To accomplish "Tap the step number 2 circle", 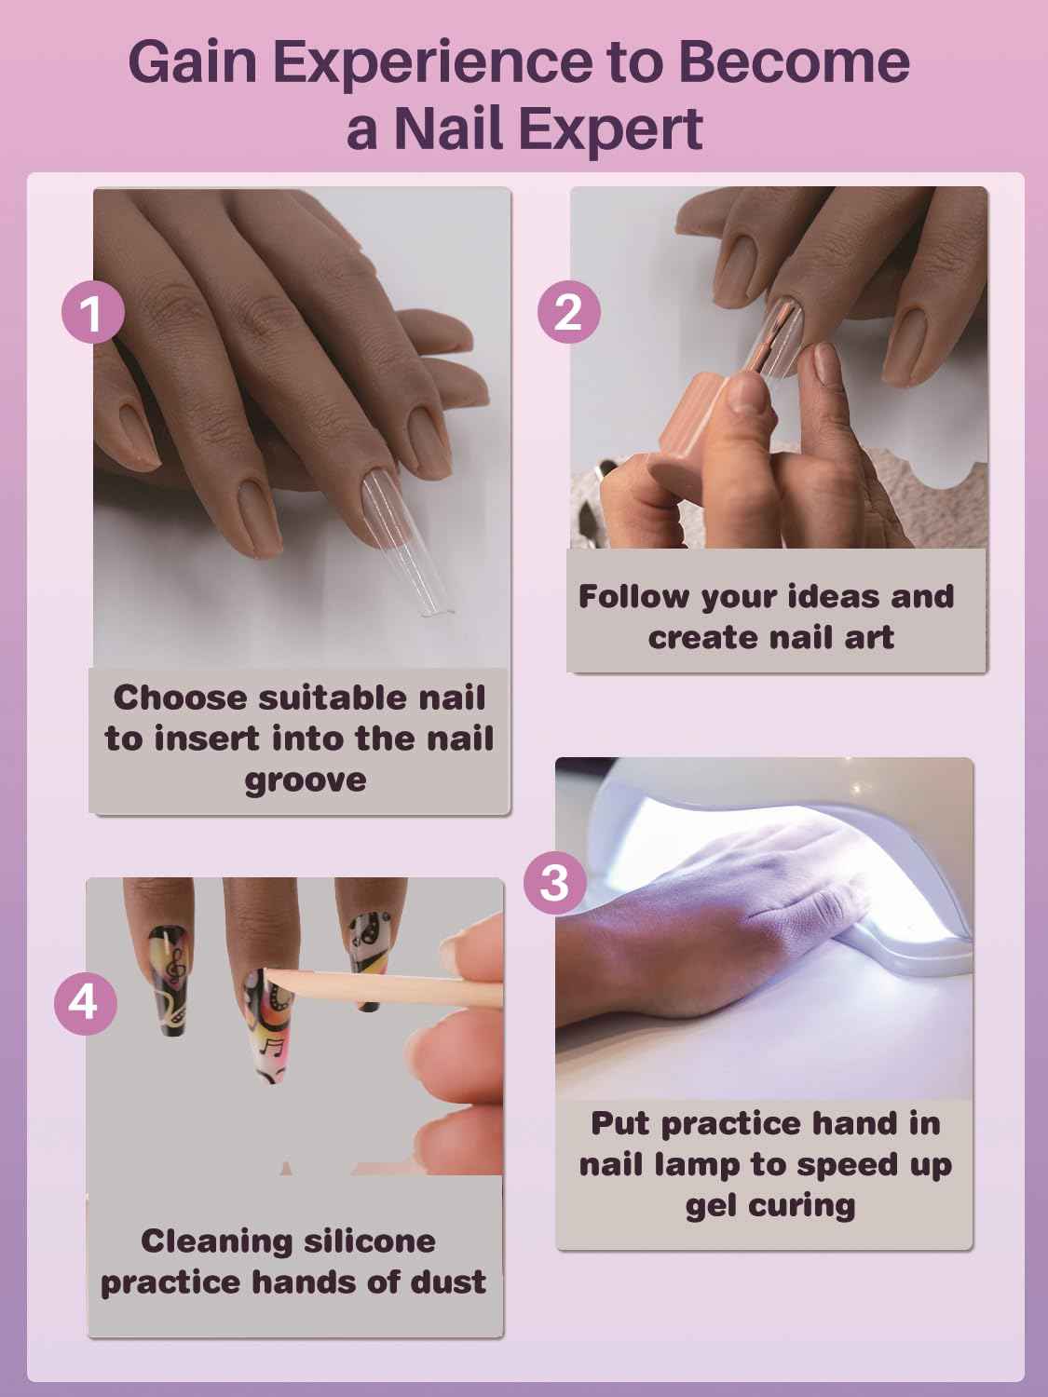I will tap(568, 311).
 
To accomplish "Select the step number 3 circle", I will tap(555, 881).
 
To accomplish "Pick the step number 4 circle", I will tap(85, 1002).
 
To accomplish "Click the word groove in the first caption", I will tap(305, 780).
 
